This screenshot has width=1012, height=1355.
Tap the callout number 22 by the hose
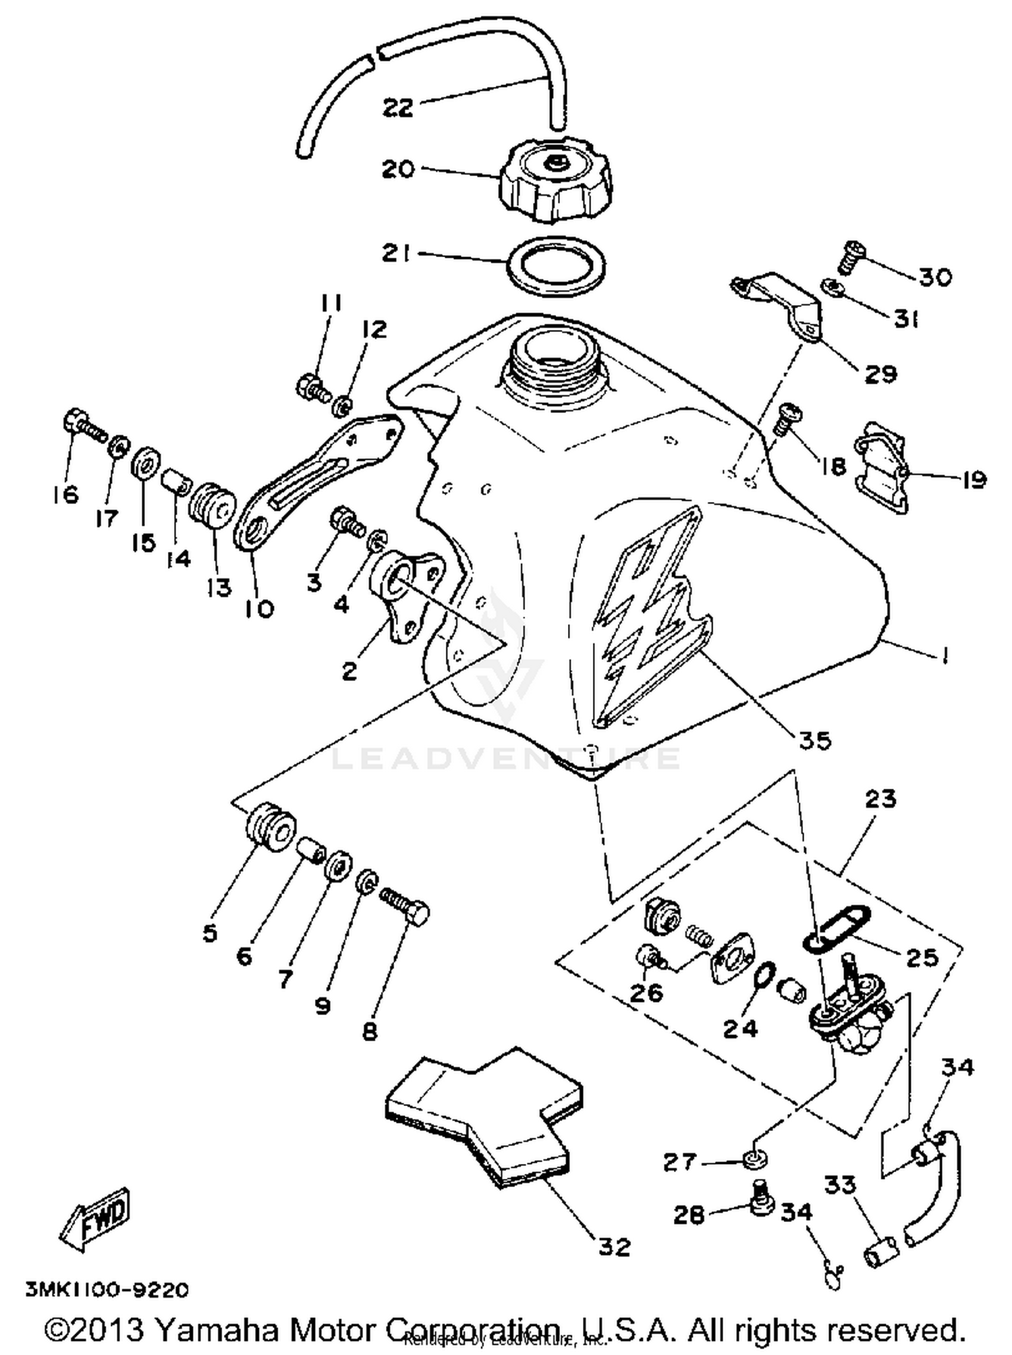(398, 107)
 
